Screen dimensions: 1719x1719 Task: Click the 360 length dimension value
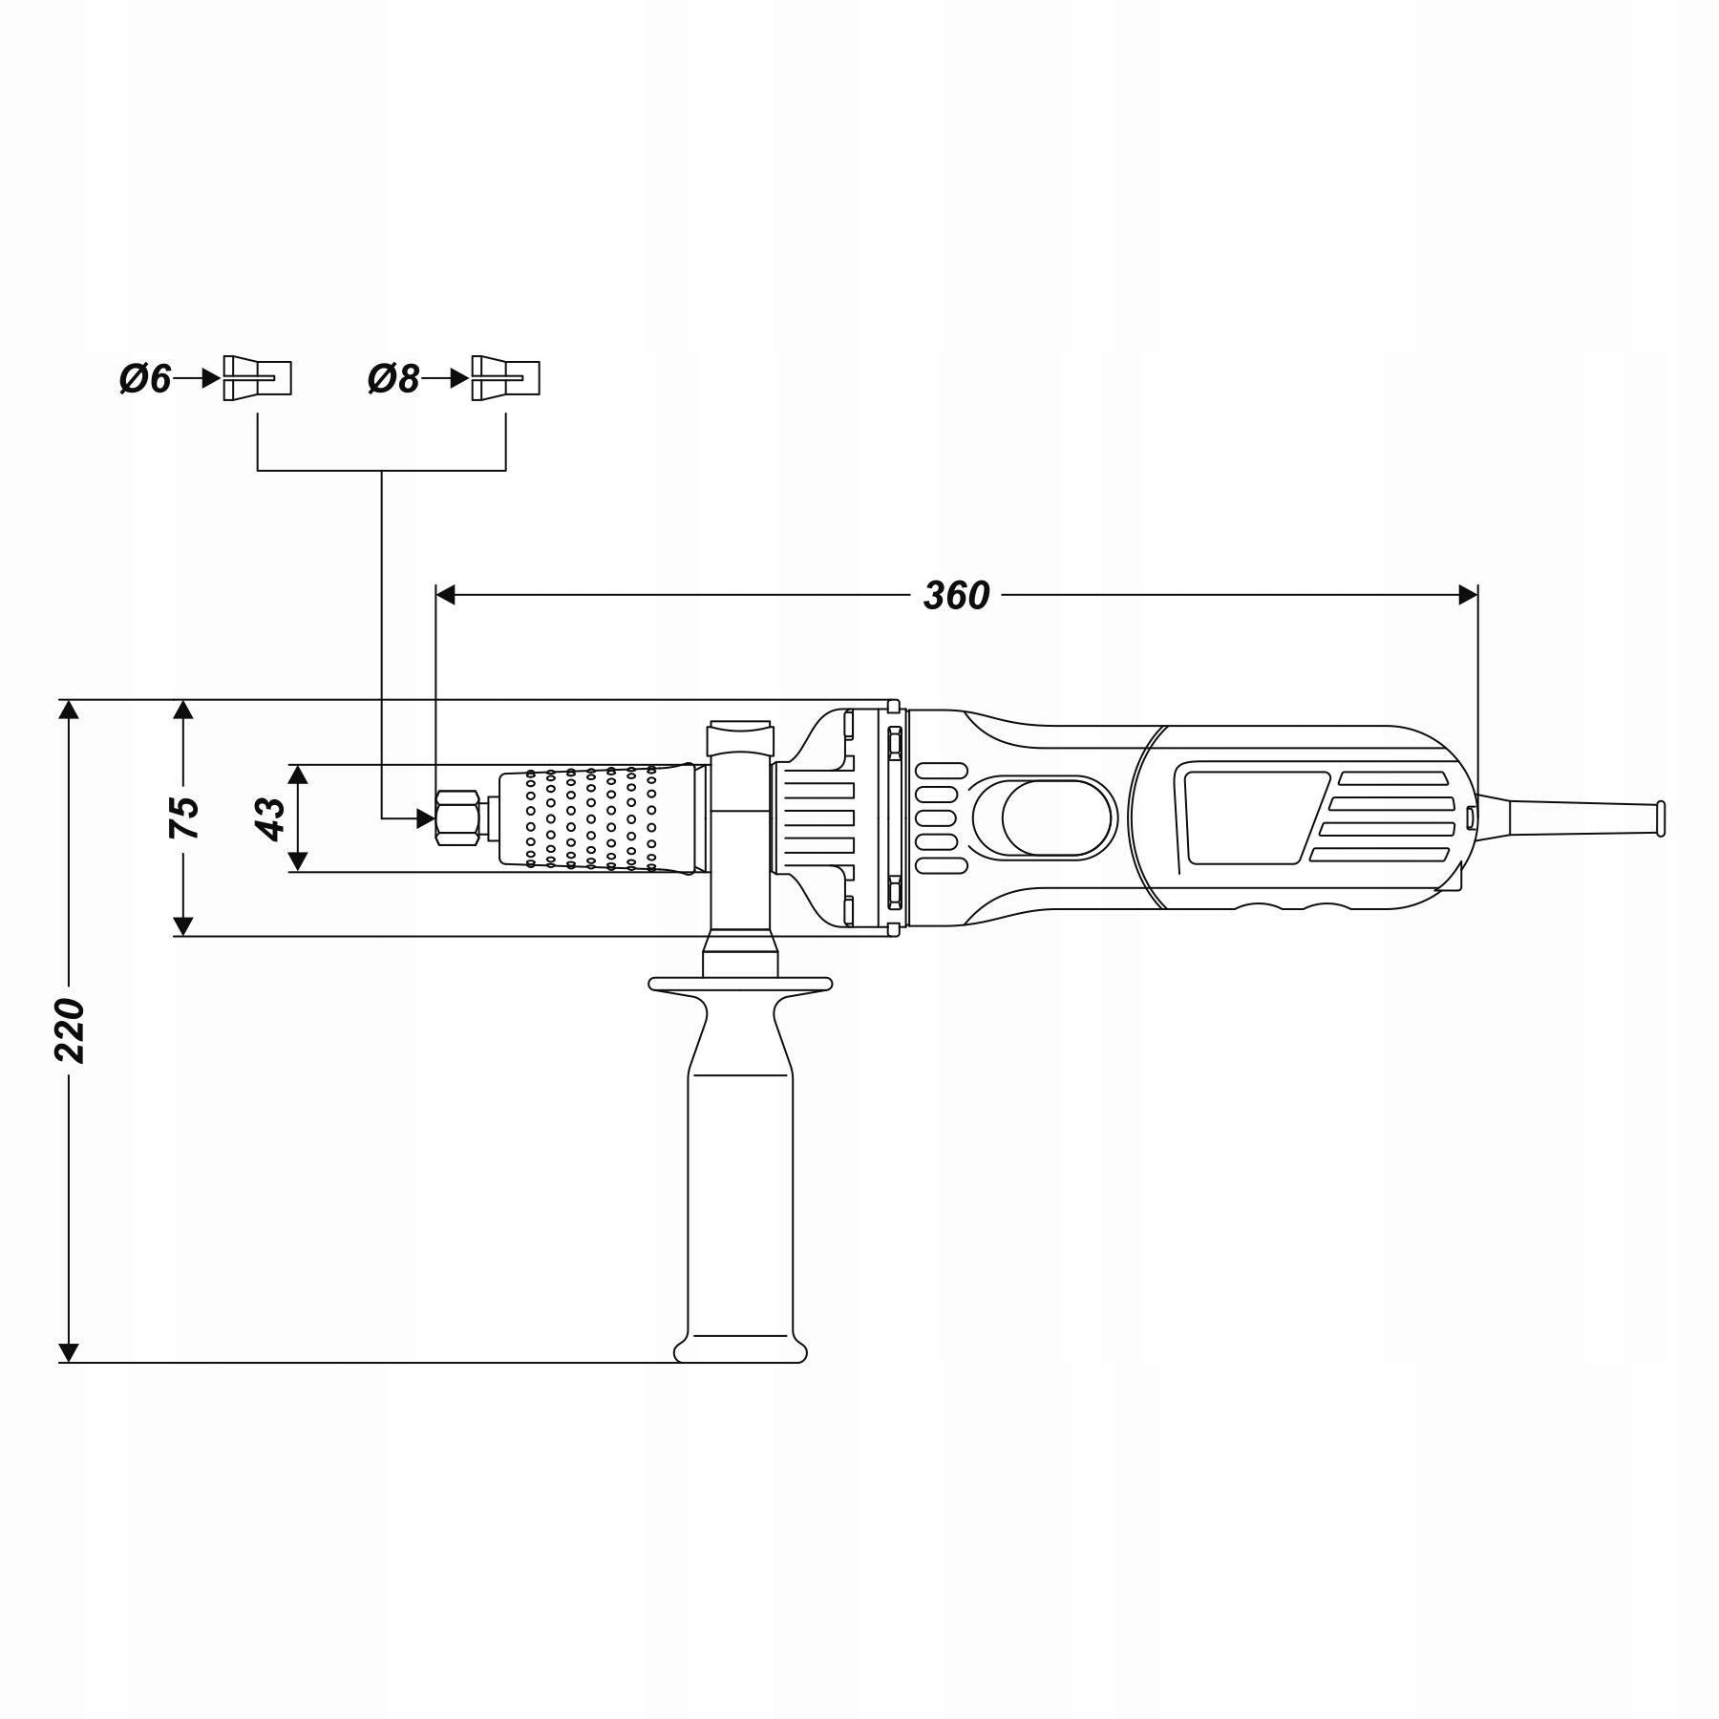pyautogui.click(x=956, y=596)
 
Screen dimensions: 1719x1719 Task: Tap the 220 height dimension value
pyautogui.click(x=71, y=1030)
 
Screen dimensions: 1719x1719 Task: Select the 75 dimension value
pyautogui.click(x=184, y=817)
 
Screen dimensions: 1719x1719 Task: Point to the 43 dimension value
pyautogui.click(x=271, y=818)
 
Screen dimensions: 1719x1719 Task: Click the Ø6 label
pyautogui.click(x=144, y=380)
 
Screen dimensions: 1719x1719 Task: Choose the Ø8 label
pyautogui.click(x=393, y=380)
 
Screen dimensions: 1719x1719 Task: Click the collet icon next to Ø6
pyautogui.click(x=257, y=378)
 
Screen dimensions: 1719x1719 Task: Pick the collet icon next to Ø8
pyautogui.click(x=505, y=378)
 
